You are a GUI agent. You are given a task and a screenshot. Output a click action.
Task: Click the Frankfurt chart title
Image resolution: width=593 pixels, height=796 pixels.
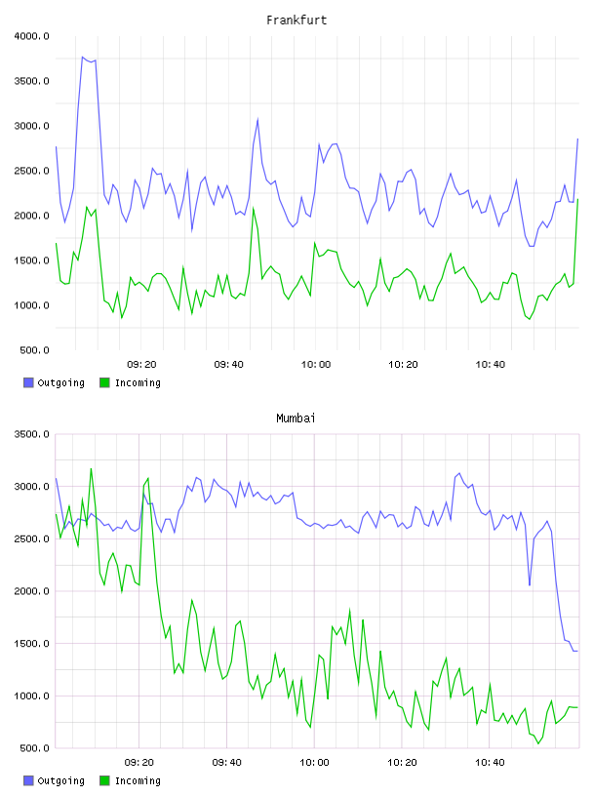pos(296,20)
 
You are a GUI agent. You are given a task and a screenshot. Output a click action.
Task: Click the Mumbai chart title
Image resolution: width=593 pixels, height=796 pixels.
pos(296,418)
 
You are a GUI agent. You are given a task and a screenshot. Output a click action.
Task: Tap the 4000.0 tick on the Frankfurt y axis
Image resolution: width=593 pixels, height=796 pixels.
pos(31,36)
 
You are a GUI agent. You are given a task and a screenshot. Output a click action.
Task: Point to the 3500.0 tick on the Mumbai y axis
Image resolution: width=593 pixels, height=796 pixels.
pos(31,434)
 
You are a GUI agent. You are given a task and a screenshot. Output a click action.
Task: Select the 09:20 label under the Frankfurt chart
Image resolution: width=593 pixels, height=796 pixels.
pos(141,365)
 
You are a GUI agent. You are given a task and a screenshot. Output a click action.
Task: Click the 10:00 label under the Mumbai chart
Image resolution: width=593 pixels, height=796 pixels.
pos(314,763)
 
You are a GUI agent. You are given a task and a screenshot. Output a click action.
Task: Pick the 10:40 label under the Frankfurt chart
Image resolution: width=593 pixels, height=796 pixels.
pos(490,365)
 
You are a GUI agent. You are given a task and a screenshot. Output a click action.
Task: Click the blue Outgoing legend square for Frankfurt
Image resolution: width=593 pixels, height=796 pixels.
pos(28,382)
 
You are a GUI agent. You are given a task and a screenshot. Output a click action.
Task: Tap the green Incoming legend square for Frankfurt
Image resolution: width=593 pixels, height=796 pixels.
pos(104,382)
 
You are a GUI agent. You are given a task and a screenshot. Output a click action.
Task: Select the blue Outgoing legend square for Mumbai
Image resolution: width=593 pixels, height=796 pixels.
pos(28,780)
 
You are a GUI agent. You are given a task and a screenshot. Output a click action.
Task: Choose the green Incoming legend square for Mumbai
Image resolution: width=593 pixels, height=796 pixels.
pos(104,780)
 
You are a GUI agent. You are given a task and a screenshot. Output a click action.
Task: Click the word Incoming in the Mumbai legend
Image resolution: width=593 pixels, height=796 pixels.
pos(138,780)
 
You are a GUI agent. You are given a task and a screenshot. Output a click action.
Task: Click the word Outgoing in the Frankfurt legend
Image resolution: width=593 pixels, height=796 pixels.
pos(60,382)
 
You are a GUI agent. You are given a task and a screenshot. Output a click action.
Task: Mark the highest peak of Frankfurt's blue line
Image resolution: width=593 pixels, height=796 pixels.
pos(82,57)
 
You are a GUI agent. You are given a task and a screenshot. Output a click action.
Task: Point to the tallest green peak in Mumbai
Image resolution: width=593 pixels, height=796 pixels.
pos(91,468)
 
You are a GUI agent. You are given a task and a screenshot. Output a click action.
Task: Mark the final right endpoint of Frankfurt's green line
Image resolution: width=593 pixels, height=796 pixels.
pos(577,199)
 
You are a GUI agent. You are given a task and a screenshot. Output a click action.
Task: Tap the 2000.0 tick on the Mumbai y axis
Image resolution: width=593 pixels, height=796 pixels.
pos(31,591)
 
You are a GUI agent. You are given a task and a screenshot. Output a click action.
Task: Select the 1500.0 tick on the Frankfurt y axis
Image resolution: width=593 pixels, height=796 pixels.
pos(31,260)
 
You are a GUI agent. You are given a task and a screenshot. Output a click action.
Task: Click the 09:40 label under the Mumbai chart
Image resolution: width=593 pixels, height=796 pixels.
pos(226,763)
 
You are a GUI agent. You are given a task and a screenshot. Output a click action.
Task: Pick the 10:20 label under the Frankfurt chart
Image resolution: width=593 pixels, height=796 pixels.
pos(403,365)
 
